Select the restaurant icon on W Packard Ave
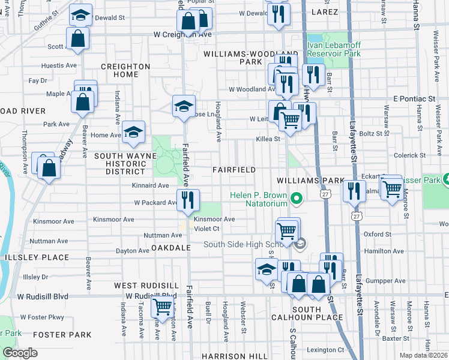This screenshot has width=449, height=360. pos(188,200)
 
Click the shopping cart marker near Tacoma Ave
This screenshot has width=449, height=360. pos(163,307)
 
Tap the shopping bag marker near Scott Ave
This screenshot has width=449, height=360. pos(78,39)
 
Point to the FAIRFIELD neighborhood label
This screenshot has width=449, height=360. pos(235,170)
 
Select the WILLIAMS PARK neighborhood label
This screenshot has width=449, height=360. pos(310,180)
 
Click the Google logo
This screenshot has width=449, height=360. pos(20,353)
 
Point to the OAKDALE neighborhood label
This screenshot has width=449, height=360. pos(170,247)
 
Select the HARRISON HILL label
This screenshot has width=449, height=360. pos(234,356)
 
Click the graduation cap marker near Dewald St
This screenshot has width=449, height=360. pos(80,16)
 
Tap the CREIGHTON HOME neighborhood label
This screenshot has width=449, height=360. pos(125,70)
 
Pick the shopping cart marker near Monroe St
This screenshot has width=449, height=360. pos(392,189)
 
